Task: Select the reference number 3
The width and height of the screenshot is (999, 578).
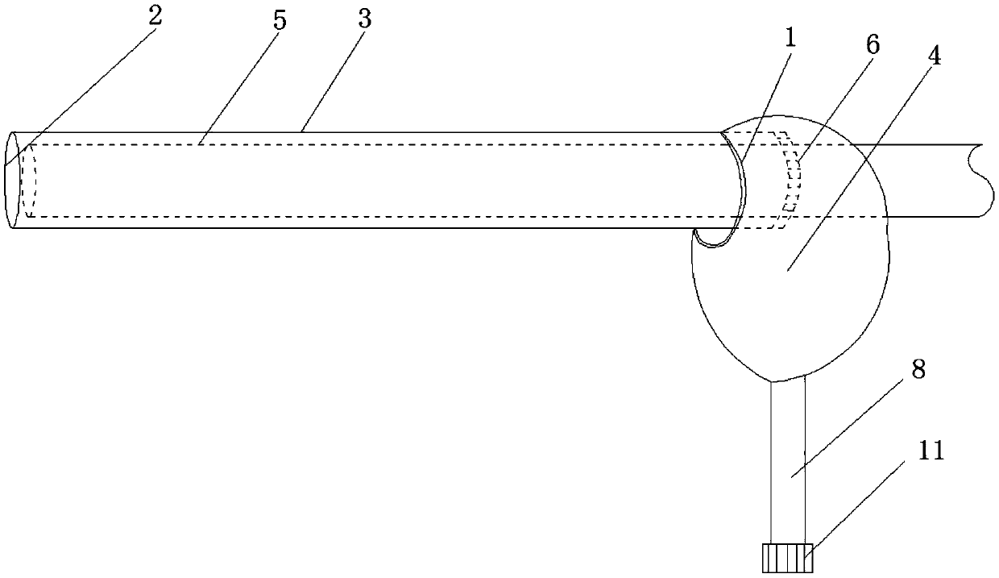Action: point(365,20)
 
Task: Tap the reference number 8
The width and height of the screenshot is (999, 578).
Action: point(918,370)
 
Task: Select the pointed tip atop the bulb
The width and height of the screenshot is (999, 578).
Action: point(723,131)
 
